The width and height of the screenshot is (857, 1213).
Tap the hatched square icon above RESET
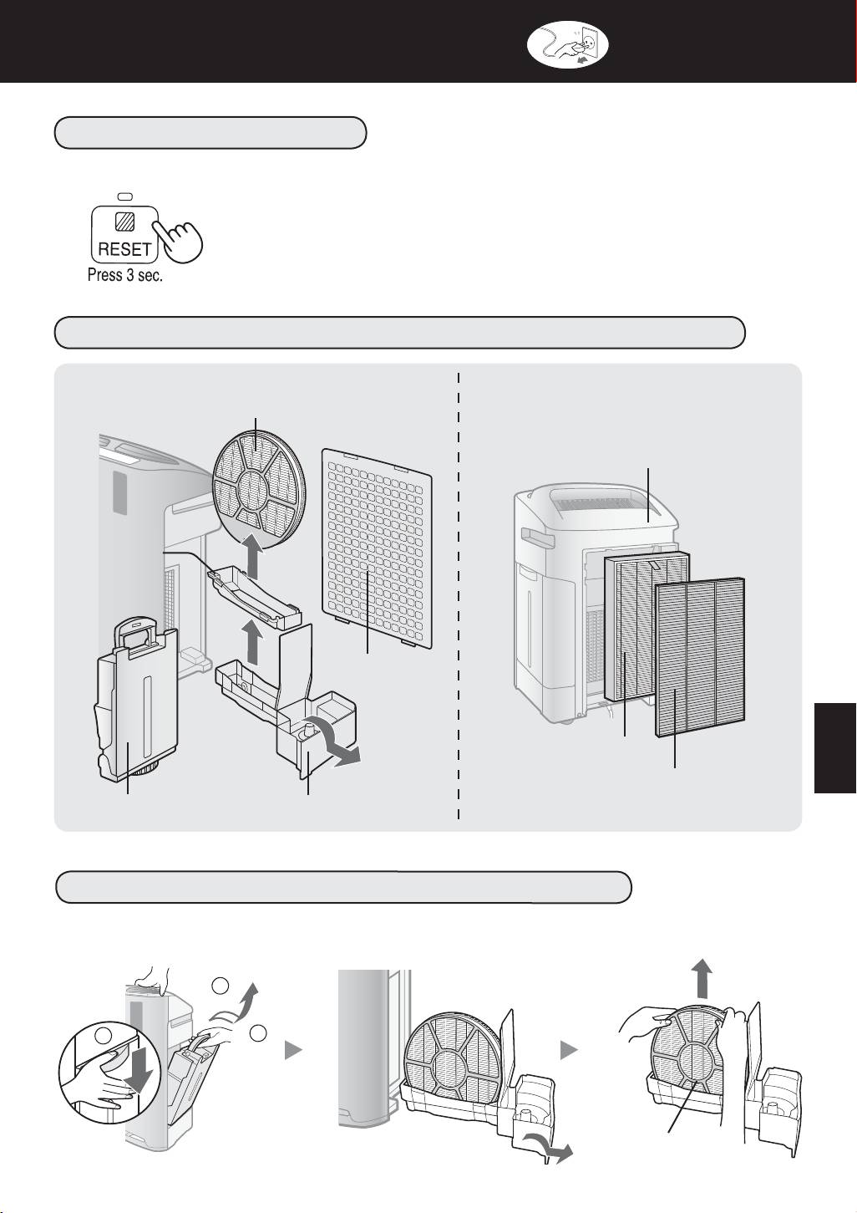(126, 222)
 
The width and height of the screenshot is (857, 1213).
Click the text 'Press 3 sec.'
(125, 275)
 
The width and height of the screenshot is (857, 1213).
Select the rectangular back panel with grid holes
(378, 548)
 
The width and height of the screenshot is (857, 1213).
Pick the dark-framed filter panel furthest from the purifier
(699, 656)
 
